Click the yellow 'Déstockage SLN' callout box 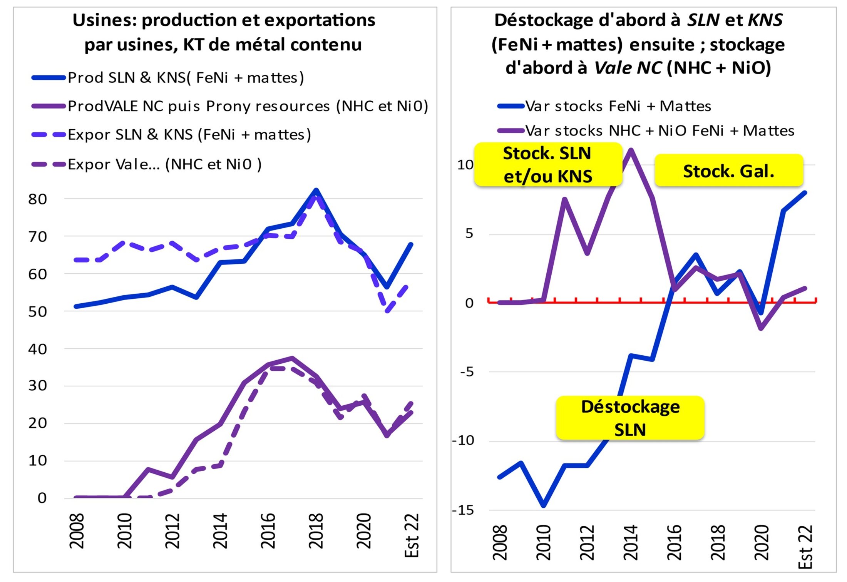[630, 418]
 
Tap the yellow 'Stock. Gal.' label [728, 171]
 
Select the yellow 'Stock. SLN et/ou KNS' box [547, 165]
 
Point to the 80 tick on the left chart [37, 199]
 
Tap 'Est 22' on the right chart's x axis [805, 547]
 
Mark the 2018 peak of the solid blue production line [316, 190]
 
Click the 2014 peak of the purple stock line [631, 150]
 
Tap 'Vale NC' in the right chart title [628, 68]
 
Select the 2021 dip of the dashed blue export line [388, 311]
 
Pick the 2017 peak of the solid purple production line [292, 358]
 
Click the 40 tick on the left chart [37, 349]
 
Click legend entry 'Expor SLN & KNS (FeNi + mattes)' [189, 135]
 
